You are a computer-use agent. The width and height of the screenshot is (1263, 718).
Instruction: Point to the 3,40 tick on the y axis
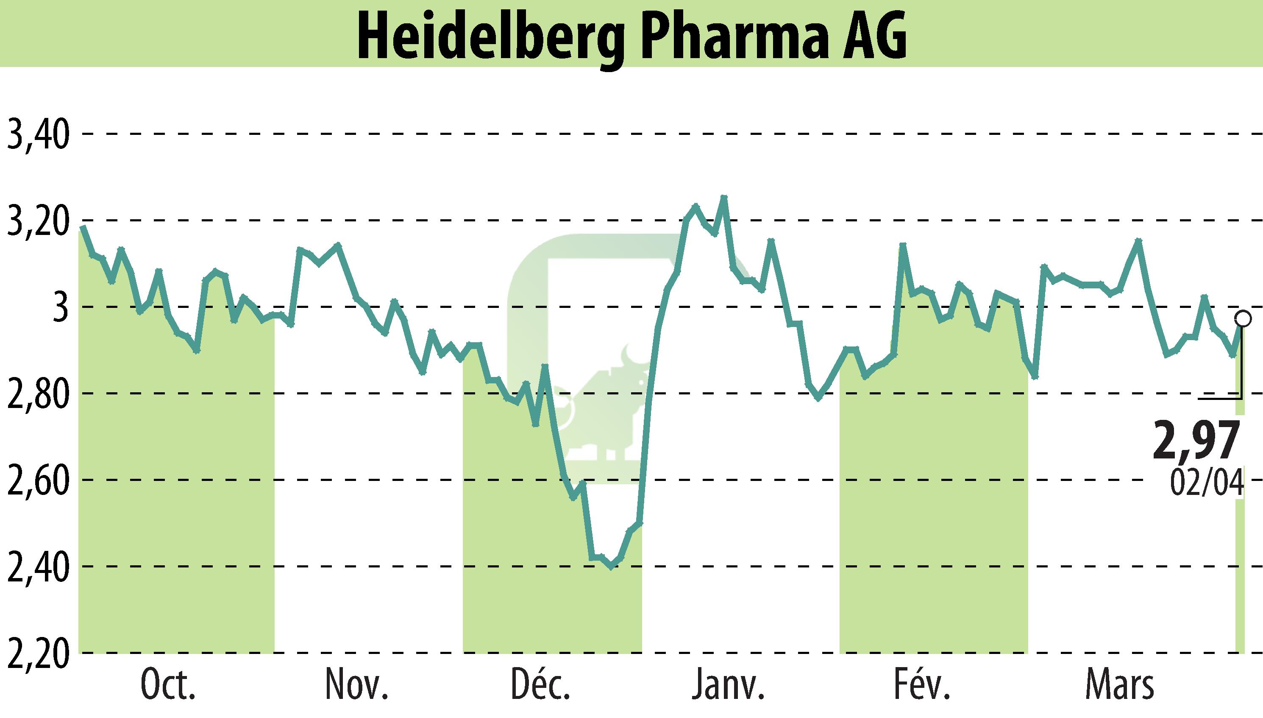click(x=36, y=134)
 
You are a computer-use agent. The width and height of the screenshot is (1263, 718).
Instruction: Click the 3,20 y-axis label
click(x=36, y=221)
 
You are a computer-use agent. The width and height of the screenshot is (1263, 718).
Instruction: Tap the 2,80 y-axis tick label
click(x=36, y=394)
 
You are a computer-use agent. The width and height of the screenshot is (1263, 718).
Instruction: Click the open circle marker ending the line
click(x=1243, y=318)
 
